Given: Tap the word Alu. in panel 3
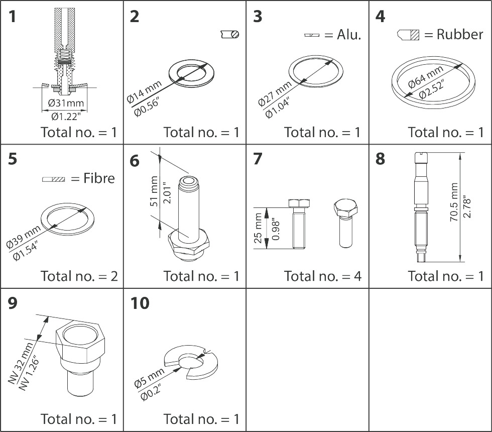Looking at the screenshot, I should pyautogui.click(x=349, y=35).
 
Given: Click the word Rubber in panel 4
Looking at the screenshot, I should pyautogui.click(x=459, y=34).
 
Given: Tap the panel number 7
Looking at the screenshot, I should pyautogui.click(x=258, y=159).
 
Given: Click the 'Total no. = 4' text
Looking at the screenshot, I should pyautogui.click(x=322, y=276).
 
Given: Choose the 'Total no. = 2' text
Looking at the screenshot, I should pyautogui.click(x=79, y=276).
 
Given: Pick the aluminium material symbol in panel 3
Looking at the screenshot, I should pyautogui.click(x=312, y=35).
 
